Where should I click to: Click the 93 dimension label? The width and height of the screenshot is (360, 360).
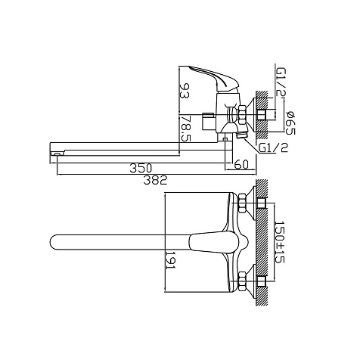(185, 91)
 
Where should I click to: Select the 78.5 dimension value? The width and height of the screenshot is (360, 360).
(185, 129)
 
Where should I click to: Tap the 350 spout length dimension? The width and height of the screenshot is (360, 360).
(141, 168)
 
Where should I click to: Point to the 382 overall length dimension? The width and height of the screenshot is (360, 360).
(155, 180)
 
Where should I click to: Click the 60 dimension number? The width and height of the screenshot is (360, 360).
(241, 164)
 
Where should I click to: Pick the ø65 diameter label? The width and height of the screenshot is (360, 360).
(290, 123)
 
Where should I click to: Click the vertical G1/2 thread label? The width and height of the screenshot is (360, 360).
(281, 82)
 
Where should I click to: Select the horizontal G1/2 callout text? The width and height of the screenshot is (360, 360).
(274, 147)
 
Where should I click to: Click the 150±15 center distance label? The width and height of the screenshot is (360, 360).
(279, 242)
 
